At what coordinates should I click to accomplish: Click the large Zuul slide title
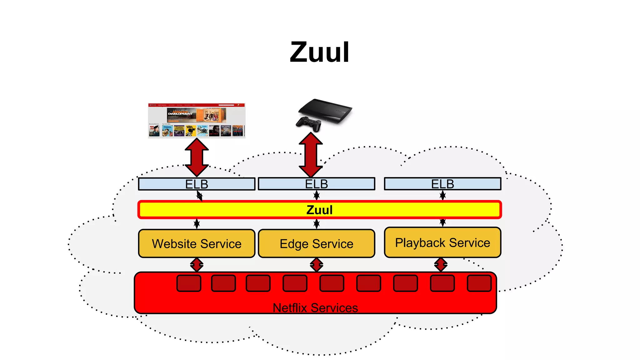point(319,52)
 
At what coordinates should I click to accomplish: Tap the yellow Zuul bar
point(319,210)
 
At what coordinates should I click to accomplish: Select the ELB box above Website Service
point(197,184)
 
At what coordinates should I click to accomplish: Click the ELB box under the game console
point(316,184)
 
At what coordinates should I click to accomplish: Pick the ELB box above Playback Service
point(442,184)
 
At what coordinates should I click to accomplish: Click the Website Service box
point(197,244)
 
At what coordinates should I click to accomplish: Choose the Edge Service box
point(316,244)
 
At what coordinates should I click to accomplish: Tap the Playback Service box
point(442,242)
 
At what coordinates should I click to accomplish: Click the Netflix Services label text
point(315,308)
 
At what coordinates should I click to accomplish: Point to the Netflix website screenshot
point(197,120)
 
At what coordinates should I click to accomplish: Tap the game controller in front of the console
point(308,123)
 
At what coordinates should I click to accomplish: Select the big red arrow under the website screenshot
point(197,157)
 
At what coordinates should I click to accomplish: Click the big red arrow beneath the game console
point(311,155)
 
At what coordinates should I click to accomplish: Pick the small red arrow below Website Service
point(197,265)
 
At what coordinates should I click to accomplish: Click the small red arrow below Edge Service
point(316,265)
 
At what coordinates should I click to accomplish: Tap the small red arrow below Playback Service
point(441,265)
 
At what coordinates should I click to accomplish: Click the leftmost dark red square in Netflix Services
point(189,283)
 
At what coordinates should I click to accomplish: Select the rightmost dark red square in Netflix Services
point(479,283)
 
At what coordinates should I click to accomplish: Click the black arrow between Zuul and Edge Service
point(316,224)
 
